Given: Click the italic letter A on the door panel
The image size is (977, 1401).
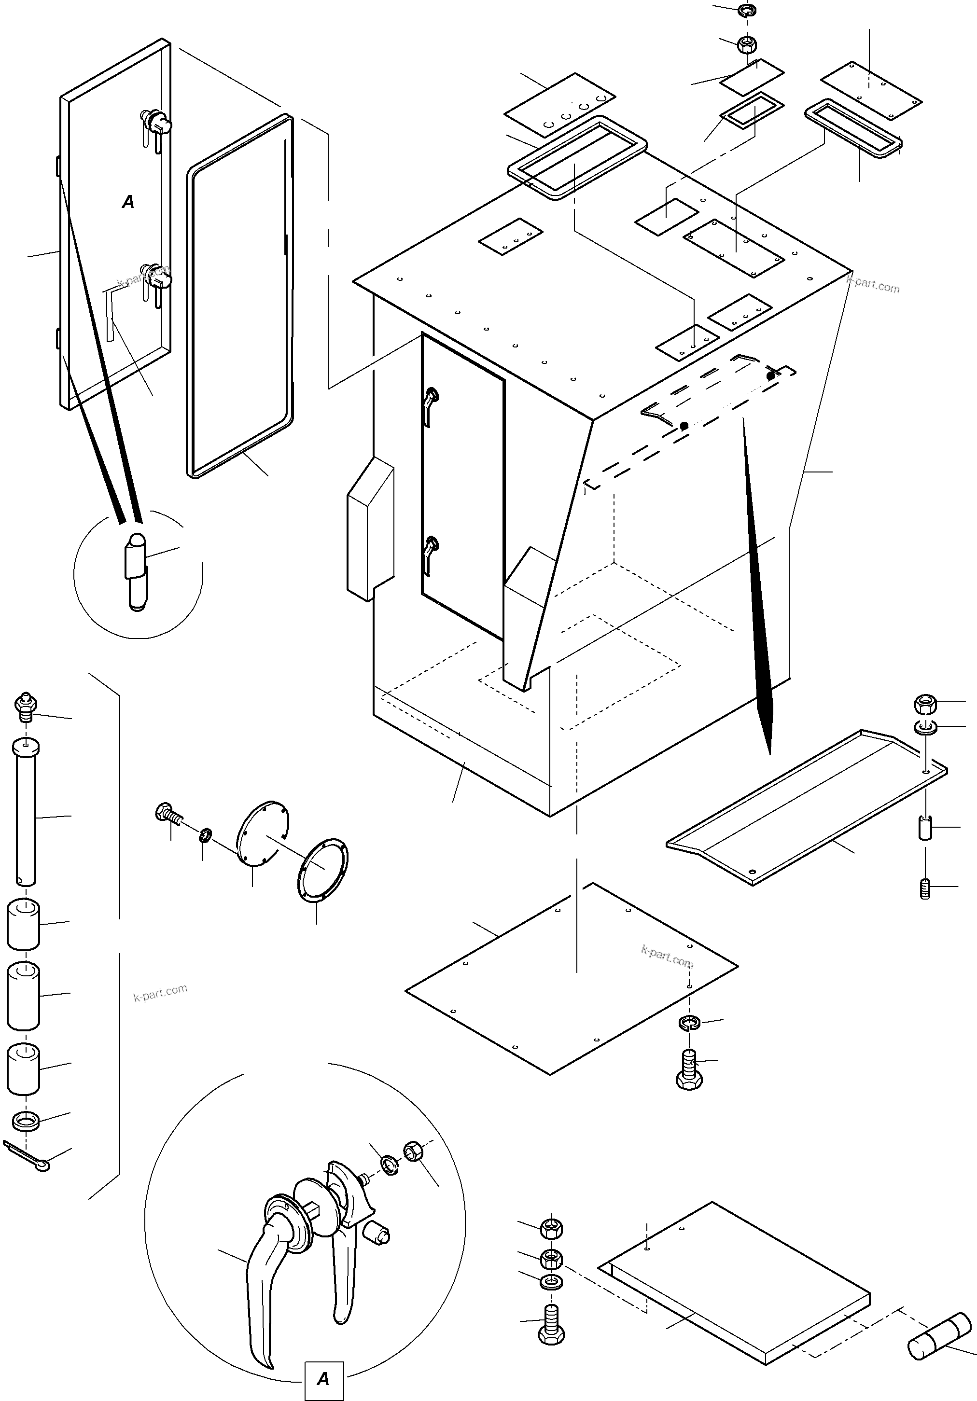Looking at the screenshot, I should [128, 202].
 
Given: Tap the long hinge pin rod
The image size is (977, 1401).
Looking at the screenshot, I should [25, 812].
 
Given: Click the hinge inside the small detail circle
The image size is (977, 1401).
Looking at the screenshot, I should [137, 570].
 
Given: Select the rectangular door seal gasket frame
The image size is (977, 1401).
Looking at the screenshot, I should [240, 296].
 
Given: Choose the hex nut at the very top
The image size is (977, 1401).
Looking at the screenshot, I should [746, 43].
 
